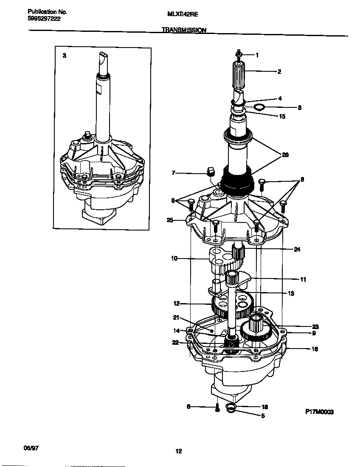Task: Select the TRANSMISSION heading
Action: pyautogui.click(x=184, y=30)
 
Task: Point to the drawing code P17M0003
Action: pyautogui.click(x=319, y=412)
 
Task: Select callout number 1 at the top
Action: pyautogui.click(x=257, y=55)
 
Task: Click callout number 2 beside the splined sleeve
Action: pyautogui.click(x=279, y=72)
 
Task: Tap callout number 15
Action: pyautogui.click(x=282, y=116)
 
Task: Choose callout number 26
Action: pyautogui.click(x=285, y=155)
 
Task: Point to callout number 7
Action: pyautogui.click(x=173, y=173)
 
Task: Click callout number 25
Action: pyautogui.click(x=170, y=220)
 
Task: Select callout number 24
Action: pyautogui.click(x=297, y=250)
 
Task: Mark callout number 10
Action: pyautogui.click(x=174, y=258)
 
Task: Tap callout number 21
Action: pyautogui.click(x=176, y=317)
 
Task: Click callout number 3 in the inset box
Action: pyautogui.click(x=64, y=56)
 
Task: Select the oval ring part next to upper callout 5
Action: pyautogui.click(x=259, y=107)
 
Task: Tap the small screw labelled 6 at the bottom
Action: pyautogui.click(x=217, y=408)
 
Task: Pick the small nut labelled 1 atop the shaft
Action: pyautogui.click(x=238, y=54)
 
